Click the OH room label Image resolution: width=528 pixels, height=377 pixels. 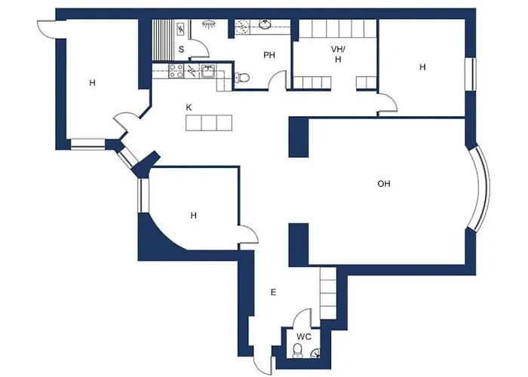[384, 183]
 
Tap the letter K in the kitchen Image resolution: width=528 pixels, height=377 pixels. [189, 107]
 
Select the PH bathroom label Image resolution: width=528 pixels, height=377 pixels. [269, 56]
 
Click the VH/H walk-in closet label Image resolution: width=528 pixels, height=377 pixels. [337, 54]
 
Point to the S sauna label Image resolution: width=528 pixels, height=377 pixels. [181, 50]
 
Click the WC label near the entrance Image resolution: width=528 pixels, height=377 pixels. [302, 336]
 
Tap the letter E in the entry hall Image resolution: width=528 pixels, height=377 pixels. [275, 291]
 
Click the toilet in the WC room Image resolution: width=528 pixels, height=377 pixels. [299, 351]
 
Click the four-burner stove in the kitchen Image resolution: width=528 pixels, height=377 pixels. [177, 72]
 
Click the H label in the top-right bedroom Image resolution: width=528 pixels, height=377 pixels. [422, 67]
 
